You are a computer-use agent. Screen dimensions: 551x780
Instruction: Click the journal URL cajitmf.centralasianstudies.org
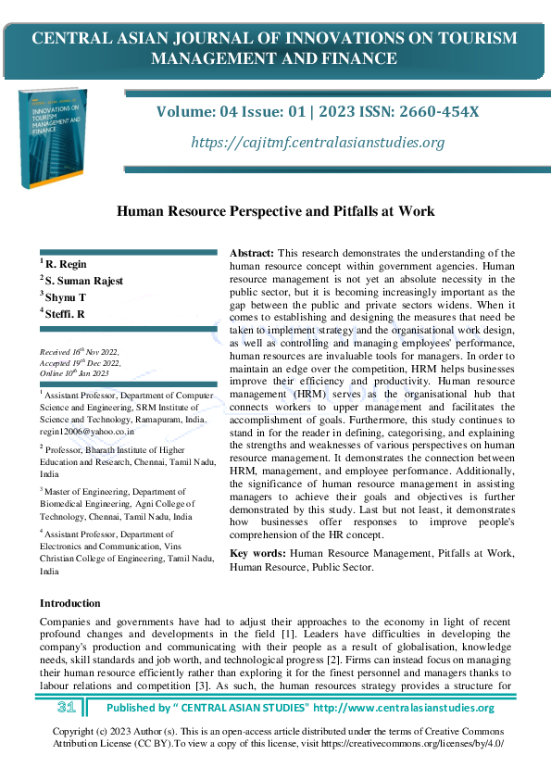click(x=318, y=142)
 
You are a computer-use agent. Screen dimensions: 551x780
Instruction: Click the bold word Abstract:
click(x=252, y=253)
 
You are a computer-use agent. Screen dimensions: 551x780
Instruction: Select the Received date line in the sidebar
click(x=80, y=353)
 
